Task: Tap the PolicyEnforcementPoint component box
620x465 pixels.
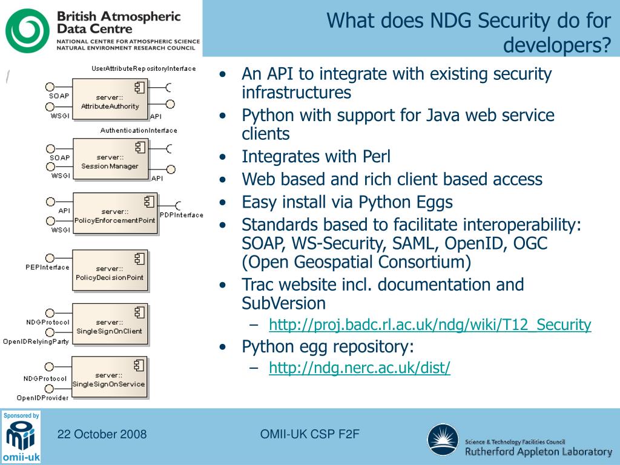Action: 114,214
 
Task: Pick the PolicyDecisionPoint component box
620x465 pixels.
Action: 110,271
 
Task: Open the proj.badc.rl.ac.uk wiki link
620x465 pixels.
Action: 430,325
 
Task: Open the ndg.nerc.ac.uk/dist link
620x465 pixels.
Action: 360,368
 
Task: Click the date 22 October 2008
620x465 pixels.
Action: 102,434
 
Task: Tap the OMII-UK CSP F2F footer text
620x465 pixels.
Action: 309,434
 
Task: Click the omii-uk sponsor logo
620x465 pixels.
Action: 21,437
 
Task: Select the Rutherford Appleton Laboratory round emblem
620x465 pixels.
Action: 443,439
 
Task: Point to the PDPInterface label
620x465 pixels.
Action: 181,215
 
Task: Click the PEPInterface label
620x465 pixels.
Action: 47,267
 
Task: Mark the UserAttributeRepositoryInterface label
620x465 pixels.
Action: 143,68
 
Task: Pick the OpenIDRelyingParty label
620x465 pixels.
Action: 36,341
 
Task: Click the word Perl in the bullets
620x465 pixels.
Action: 376,157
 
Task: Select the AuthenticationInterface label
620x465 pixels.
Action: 139,130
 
